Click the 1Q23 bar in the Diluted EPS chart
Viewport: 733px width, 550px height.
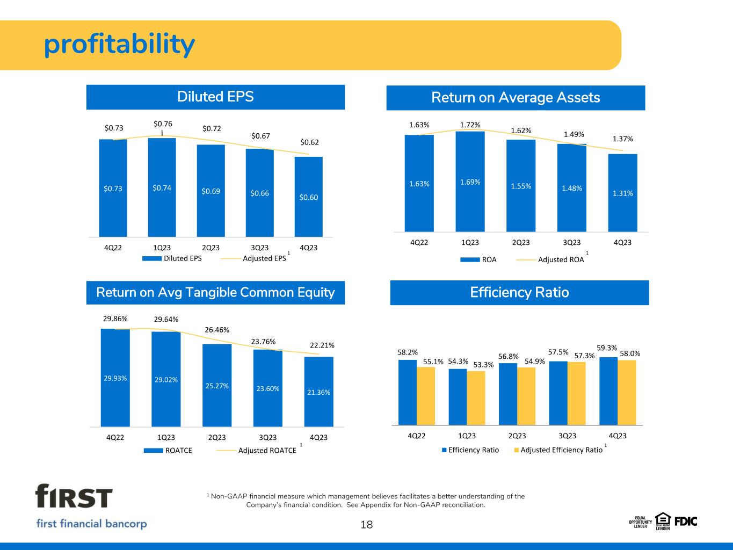pyautogui.click(x=162, y=187)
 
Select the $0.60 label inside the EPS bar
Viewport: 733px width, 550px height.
pyautogui.click(x=309, y=197)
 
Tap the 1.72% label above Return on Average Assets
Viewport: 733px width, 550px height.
pyautogui.click(x=470, y=125)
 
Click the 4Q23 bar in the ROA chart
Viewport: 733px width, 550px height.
pyautogui.click(x=622, y=193)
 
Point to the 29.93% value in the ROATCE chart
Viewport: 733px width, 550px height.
pyautogui.click(x=115, y=378)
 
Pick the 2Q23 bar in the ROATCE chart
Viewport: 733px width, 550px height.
pyautogui.click(x=217, y=385)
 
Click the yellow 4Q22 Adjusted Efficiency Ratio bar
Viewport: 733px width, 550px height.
pyautogui.click(x=426, y=396)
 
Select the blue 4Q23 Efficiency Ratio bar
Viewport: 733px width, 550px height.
pyautogui.click(x=608, y=391)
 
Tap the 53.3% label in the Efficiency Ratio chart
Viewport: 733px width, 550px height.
pyautogui.click(x=483, y=365)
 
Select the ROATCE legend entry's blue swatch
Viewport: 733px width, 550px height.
pyautogui.click(x=153, y=451)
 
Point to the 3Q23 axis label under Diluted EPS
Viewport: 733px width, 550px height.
pyautogui.click(x=259, y=248)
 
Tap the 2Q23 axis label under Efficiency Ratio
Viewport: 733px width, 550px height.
pyautogui.click(x=517, y=436)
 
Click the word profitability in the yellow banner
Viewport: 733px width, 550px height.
pyautogui.click(x=119, y=45)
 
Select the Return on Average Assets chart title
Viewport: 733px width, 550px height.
pyautogui.click(x=516, y=98)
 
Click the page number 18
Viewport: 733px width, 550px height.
pyautogui.click(x=366, y=525)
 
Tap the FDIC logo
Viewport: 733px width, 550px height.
pyautogui.click(x=686, y=522)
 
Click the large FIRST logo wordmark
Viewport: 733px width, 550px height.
pyautogui.click(x=74, y=496)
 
